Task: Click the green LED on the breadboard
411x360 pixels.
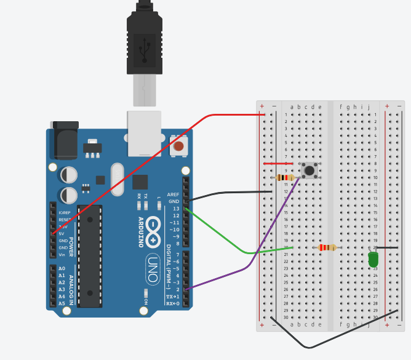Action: click(373, 260)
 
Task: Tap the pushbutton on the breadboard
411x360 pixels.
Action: click(309, 170)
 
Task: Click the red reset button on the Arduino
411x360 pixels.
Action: click(178, 146)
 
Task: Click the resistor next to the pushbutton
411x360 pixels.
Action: click(285, 178)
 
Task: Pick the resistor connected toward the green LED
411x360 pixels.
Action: click(327, 248)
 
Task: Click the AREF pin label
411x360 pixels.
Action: click(173, 194)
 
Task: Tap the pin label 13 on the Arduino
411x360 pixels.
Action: click(177, 209)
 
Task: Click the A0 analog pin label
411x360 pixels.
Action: click(62, 269)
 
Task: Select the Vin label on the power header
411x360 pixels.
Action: click(62, 254)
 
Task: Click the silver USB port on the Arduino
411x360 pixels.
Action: click(143, 132)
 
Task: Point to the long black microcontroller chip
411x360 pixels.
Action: click(91, 255)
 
